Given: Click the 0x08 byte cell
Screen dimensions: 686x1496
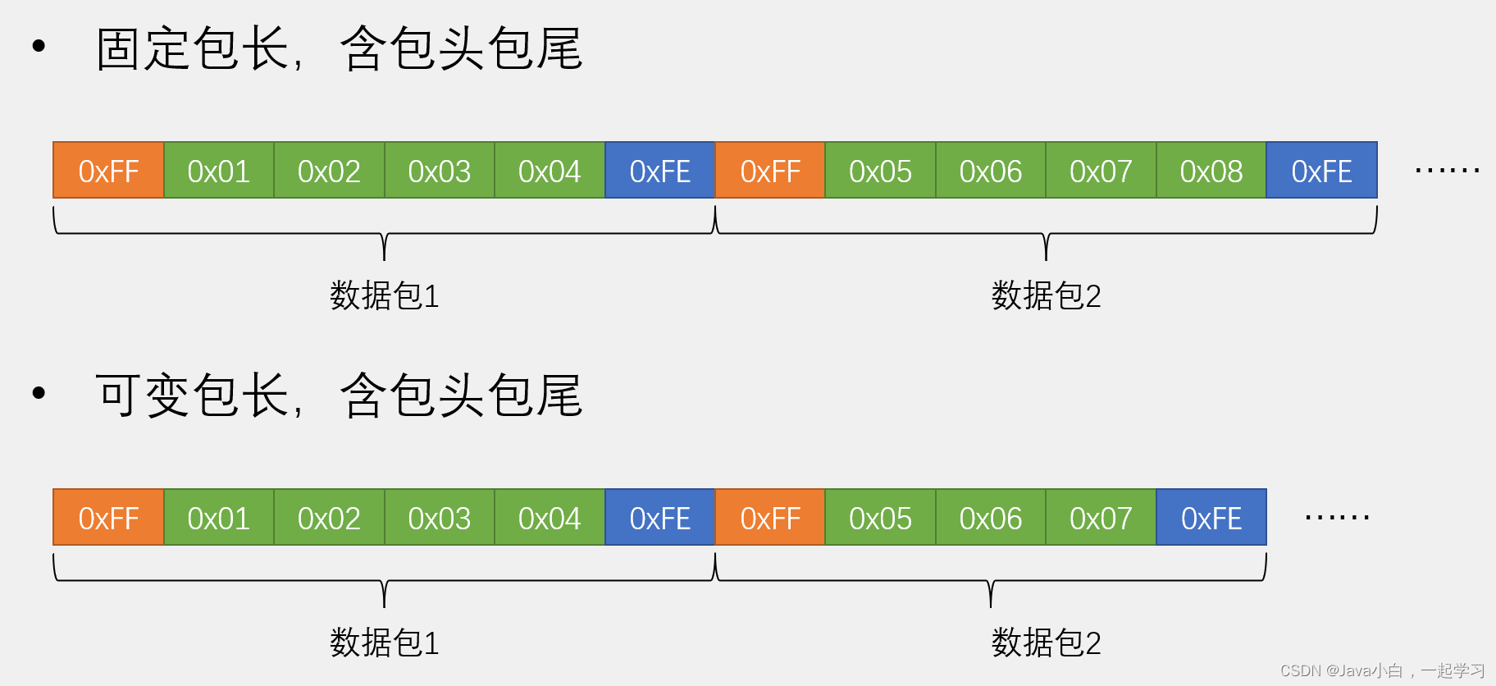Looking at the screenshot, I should (1211, 171).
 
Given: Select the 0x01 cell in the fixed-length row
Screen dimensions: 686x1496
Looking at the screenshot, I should (218, 171).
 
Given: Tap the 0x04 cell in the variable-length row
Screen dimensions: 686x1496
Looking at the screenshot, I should (550, 518).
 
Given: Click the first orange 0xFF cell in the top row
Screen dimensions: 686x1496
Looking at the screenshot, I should (108, 171).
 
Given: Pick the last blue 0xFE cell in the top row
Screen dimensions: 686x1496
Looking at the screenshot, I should (1321, 171).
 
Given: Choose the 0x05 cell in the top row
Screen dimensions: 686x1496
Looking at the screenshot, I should (880, 171).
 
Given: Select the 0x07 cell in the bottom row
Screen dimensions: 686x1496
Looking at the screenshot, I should (1101, 518).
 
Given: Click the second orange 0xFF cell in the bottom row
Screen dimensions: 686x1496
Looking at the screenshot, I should (770, 518).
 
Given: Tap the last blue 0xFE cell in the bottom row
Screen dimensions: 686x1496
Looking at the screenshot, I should (1211, 518).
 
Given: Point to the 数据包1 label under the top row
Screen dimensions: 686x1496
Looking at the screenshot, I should (385, 295).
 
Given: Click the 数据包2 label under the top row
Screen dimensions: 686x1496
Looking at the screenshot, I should (1046, 295).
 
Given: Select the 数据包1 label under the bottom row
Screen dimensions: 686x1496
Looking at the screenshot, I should (385, 643).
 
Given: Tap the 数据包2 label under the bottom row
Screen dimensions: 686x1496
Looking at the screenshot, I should (1046, 643).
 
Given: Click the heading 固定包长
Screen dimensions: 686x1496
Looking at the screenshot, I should (192, 48).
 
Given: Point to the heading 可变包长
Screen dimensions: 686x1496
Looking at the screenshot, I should (192, 396).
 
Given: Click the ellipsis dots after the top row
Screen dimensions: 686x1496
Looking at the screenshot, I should (1447, 171).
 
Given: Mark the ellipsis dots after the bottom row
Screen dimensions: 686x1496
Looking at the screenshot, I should (1337, 518).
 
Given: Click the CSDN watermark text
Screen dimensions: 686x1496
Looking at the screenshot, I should (1382, 670).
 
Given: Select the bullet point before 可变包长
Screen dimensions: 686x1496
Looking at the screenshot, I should (39, 394).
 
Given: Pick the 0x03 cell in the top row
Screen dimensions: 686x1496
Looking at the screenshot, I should (439, 171).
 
